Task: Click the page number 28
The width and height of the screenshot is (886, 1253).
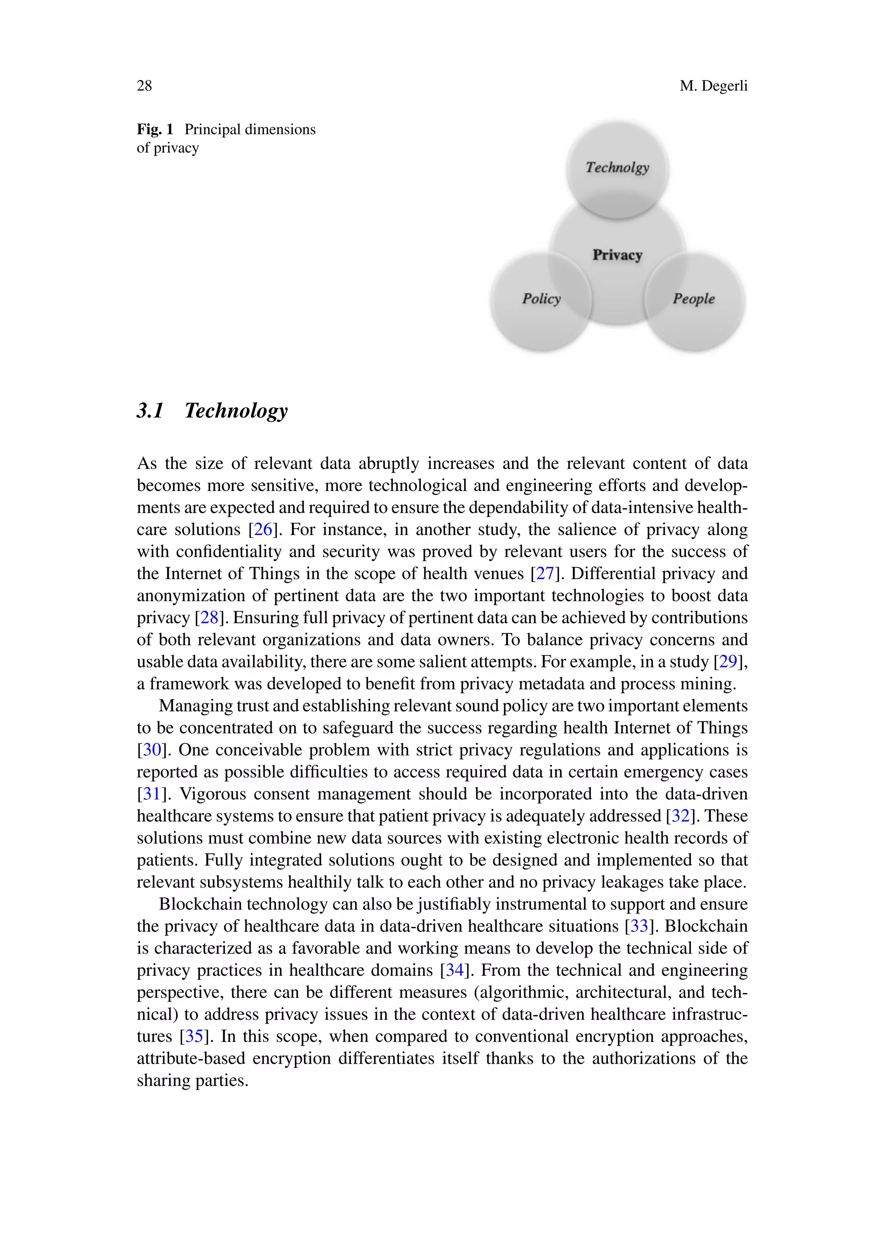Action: [x=144, y=86]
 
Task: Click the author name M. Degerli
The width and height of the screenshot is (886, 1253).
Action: [x=713, y=86]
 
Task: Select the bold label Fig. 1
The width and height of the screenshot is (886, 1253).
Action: [x=155, y=129]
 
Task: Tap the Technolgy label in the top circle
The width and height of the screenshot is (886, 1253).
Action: [x=617, y=167]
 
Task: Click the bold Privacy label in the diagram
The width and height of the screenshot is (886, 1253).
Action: [x=617, y=255]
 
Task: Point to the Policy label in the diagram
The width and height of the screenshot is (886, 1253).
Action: [x=541, y=298]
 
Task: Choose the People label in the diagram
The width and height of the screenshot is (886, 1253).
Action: [x=693, y=298]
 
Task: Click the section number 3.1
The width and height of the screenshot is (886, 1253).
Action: [x=150, y=410]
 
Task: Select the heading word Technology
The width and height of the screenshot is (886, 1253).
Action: [x=236, y=410]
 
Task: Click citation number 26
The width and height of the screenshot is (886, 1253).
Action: [x=263, y=529]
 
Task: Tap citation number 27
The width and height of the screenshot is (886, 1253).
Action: [x=545, y=574]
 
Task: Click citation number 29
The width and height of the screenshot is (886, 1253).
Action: [x=728, y=661]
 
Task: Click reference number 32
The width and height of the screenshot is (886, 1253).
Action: [x=680, y=816]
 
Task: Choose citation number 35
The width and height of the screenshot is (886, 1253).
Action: [x=194, y=1036]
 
